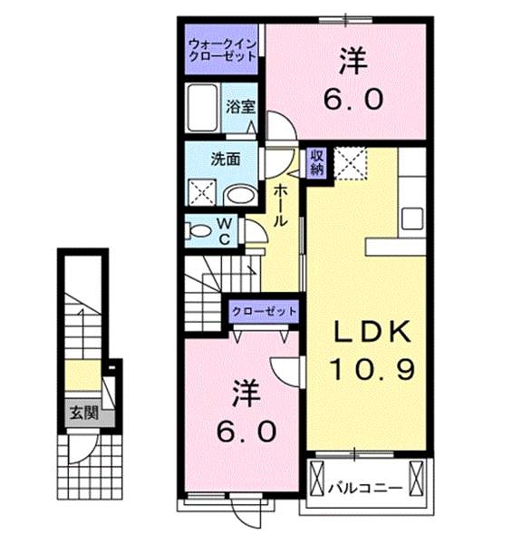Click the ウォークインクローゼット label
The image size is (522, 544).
point(222,48)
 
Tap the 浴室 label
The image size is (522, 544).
point(240,106)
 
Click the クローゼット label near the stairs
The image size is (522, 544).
point(265,311)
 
